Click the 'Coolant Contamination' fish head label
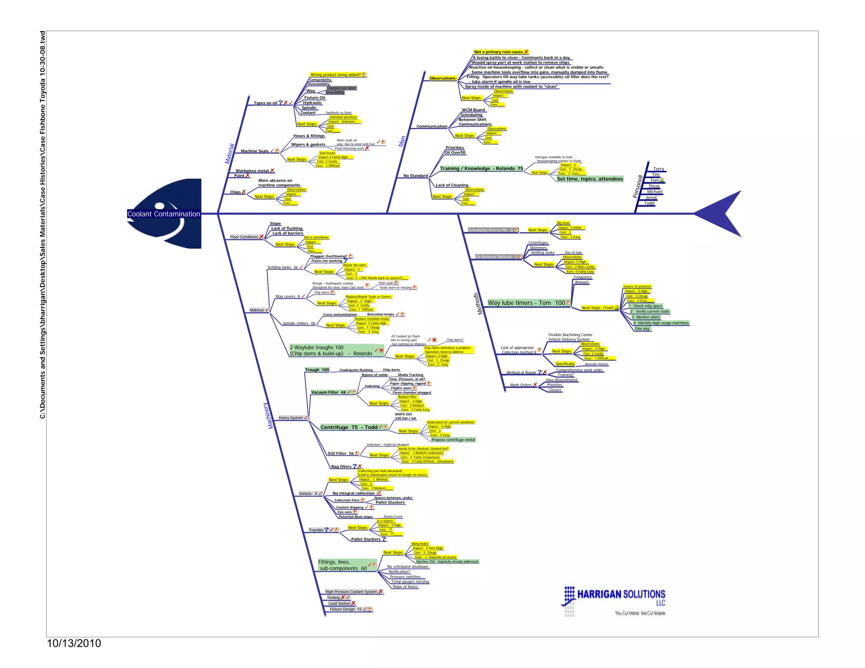(x=164, y=214)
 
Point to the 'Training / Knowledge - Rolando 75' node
(x=481, y=168)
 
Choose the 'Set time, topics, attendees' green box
(x=590, y=179)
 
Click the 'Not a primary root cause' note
(x=498, y=52)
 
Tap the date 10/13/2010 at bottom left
(x=74, y=643)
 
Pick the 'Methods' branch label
(x=478, y=304)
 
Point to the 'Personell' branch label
(x=637, y=186)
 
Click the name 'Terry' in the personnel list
(x=658, y=169)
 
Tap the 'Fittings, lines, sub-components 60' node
(x=343, y=565)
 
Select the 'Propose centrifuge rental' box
(x=453, y=440)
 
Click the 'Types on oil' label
(x=265, y=103)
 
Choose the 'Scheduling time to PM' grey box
(x=490, y=230)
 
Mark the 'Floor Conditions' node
(x=244, y=237)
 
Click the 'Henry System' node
(x=291, y=418)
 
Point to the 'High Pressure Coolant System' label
(x=351, y=592)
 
